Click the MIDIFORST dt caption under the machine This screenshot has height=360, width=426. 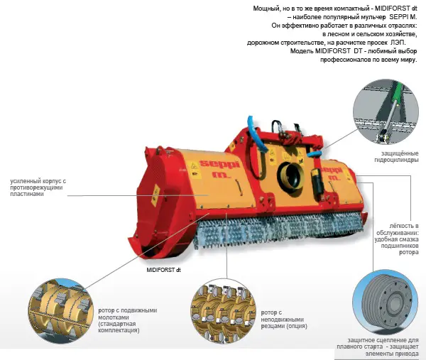(x=163, y=270)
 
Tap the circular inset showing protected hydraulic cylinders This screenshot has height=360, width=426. (x=386, y=111)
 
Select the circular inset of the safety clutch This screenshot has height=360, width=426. (x=386, y=302)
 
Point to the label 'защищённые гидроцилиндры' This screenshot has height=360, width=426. (x=396, y=157)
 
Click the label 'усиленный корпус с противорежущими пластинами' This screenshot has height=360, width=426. (x=38, y=187)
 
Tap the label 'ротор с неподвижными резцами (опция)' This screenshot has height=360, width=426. (x=284, y=320)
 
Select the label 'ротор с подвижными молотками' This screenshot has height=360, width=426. (x=127, y=320)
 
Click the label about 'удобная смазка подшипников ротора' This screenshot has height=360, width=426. (x=397, y=239)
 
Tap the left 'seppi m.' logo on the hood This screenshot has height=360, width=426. (x=220, y=168)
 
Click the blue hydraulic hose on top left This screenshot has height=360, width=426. (x=256, y=135)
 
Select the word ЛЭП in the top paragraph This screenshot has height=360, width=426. (x=398, y=43)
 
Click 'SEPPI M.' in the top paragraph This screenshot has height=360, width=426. (x=403, y=17)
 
